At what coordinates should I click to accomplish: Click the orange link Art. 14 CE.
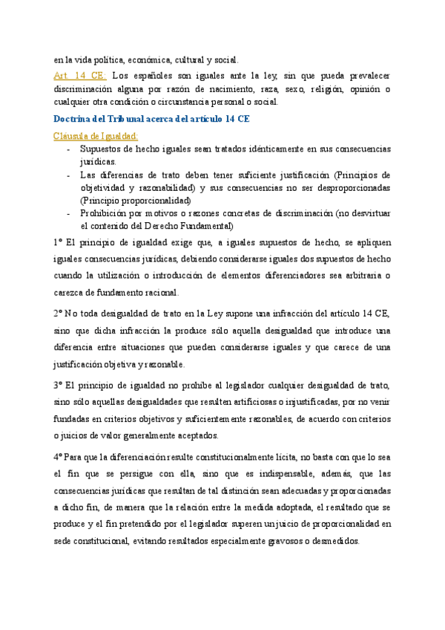(80, 76)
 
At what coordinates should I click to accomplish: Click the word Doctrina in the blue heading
(76, 118)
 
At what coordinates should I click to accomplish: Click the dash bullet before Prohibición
(69, 213)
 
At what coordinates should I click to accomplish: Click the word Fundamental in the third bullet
(203, 226)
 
